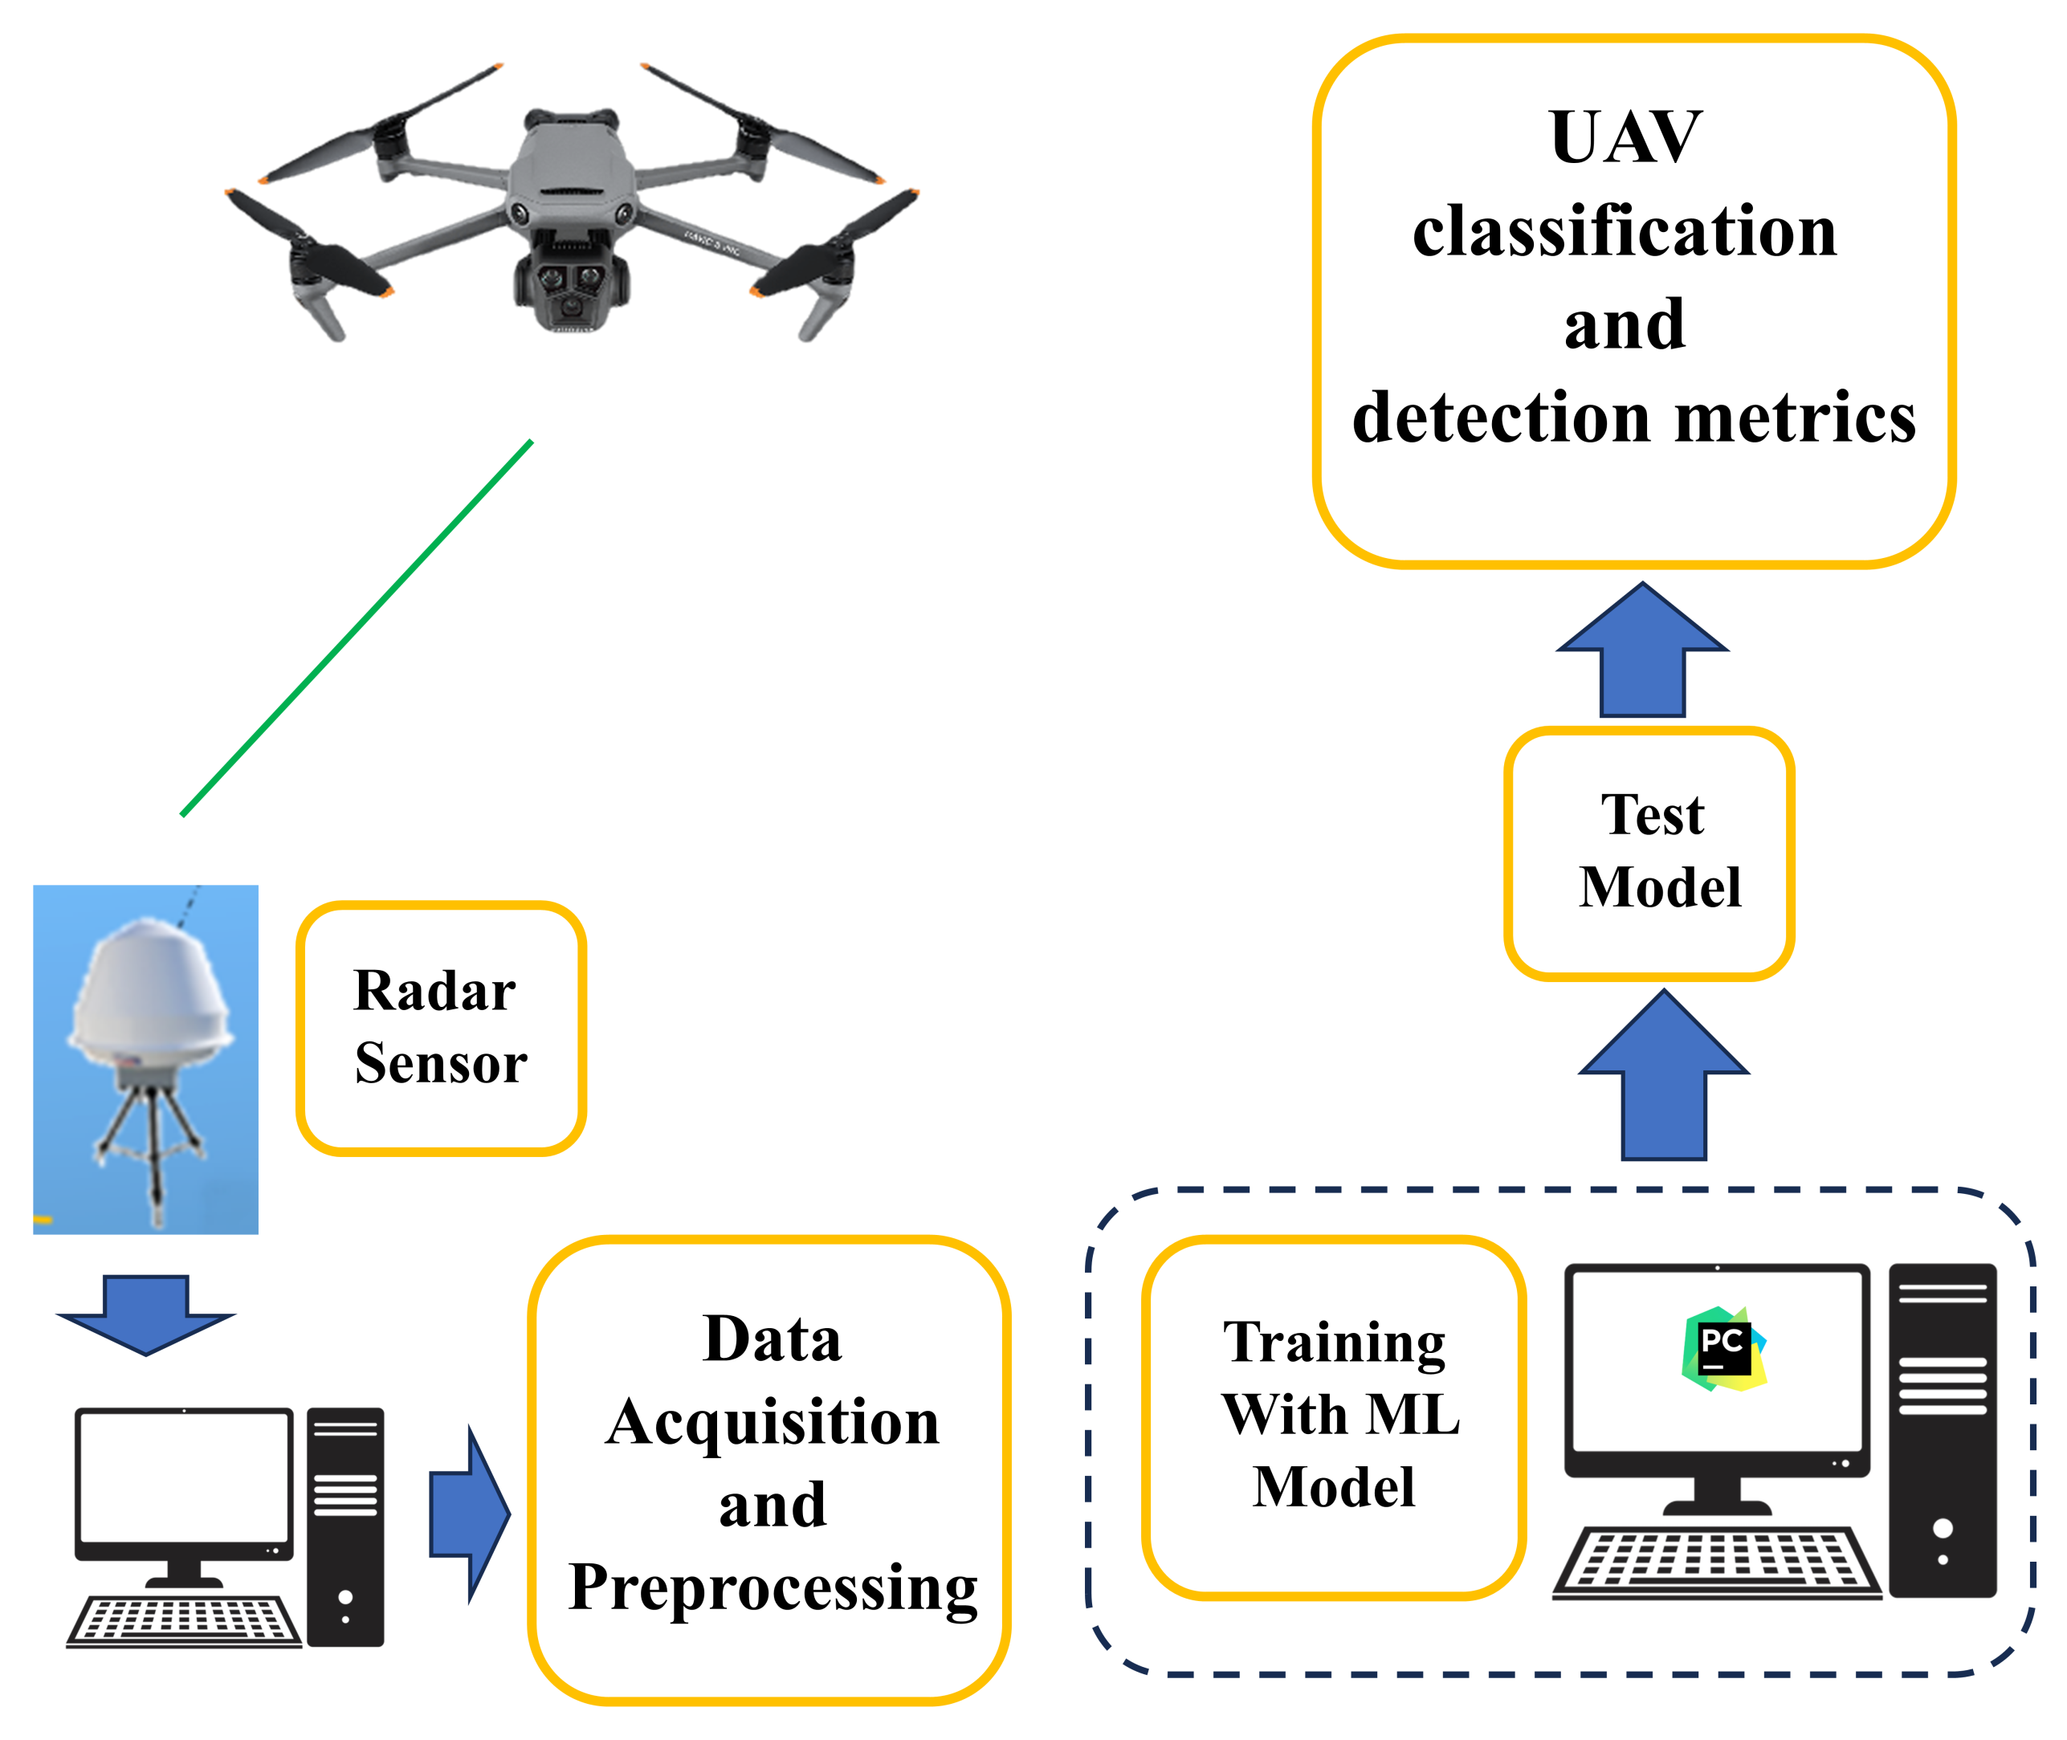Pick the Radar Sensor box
coord(441,1027)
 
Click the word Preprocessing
coord(773,1589)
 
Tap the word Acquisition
coord(773,1424)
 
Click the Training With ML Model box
coord(1333,1416)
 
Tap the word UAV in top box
coord(1625,138)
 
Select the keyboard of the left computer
coord(185,1620)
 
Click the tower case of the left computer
coord(345,1526)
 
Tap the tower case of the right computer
coord(1942,1430)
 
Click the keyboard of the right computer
coord(1717,1562)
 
